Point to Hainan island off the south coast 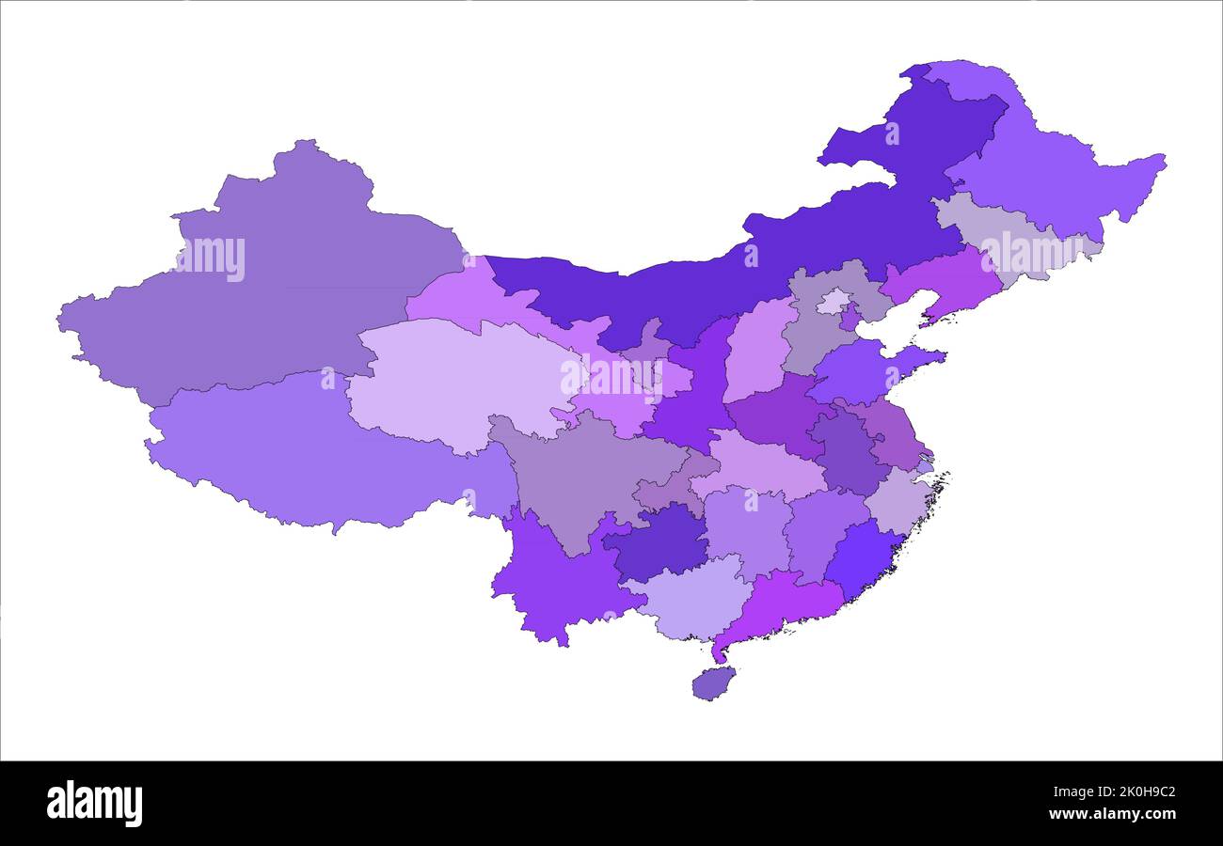714,683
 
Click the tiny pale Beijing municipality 833,302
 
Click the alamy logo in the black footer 94,805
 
